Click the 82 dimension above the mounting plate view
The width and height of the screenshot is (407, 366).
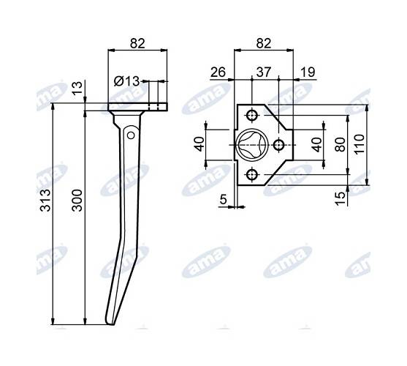pos(264,42)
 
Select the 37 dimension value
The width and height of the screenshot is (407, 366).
pos(264,72)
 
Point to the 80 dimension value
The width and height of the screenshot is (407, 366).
pos(339,145)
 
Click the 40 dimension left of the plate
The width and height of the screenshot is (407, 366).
pos(199,144)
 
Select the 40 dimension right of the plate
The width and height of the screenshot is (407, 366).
pos(316,144)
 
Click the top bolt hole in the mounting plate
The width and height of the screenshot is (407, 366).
pos(252,116)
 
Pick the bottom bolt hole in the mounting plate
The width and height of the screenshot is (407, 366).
pos(252,173)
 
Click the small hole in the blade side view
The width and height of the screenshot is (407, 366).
pos(129,135)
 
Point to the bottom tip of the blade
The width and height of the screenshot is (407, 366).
pos(110,323)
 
